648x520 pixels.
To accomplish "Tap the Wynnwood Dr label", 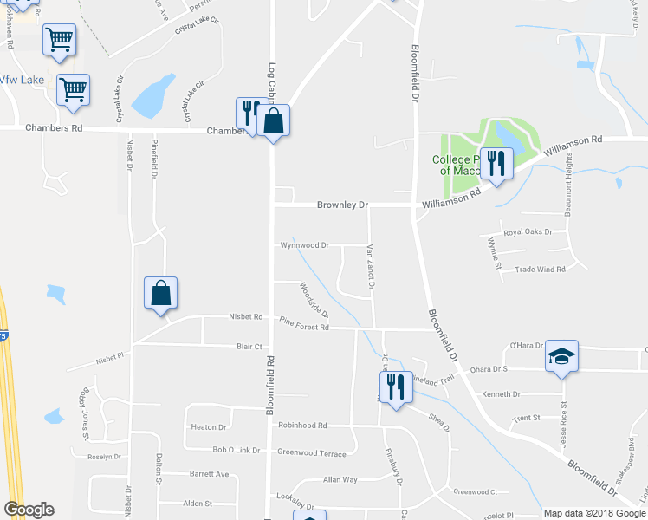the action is point(304,245).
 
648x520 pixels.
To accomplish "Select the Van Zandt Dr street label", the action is point(370,267).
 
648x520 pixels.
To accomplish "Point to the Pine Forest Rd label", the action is point(304,328).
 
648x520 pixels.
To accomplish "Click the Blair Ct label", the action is point(249,347).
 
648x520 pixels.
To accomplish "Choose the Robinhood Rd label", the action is point(302,426).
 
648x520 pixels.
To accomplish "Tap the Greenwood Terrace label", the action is point(311,452).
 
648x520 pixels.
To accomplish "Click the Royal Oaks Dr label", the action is point(528,233).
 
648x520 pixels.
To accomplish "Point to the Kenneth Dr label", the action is point(501,394).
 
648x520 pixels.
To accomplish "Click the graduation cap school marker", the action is point(561,356).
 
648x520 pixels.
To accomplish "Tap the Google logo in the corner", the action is point(29,510).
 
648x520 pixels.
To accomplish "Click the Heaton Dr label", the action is point(208,427).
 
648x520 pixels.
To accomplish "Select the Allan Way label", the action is point(340,479).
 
